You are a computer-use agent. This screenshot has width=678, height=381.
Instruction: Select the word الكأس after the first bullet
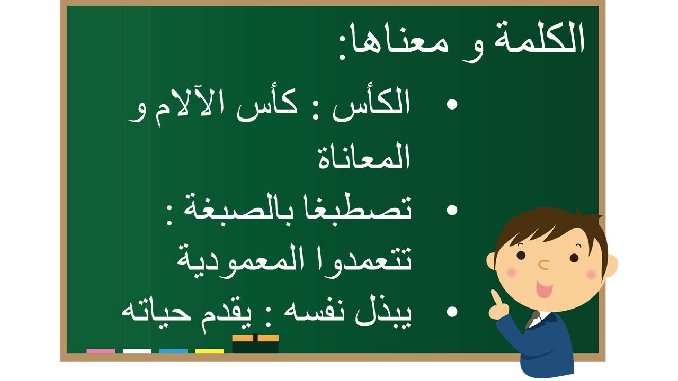pyautogui.click(x=371, y=104)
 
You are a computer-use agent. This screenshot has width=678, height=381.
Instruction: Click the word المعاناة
pyautogui.click(x=364, y=156)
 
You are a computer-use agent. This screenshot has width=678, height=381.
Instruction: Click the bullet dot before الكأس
pyautogui.click(x=452, y=104)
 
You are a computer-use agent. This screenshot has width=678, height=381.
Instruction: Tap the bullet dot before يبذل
pyautogui.click(x=452, y=312)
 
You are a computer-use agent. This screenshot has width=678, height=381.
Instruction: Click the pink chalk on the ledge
pyautogui.click(x=101, y=351)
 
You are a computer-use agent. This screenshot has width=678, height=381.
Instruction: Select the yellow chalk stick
pyautogui.click(x=209, y=351)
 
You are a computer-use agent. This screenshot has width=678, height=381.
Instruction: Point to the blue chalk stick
pyautogui.click(x=173, y=351)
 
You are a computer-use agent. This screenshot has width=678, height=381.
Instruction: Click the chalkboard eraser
pyautogui.click(x=255, y=344)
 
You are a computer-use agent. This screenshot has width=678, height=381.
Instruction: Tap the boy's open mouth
pyautogui.click(x=544, y=289)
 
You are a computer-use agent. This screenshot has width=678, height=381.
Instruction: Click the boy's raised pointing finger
pyautogui.click(x=495, y=298)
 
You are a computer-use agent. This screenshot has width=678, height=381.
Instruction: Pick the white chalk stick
pyautogui.click(x=137, y=351)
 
